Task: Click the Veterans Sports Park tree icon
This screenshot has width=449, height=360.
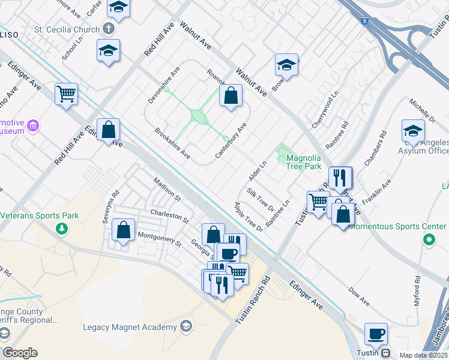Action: point(61,229)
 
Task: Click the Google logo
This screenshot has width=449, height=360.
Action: point(20,353)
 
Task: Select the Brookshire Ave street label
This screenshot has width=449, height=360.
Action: point(172,143)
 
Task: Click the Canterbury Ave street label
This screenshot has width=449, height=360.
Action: point(231,142)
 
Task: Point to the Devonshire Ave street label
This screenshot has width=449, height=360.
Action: point(164,84)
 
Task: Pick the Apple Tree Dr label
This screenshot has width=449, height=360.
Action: point(249,217)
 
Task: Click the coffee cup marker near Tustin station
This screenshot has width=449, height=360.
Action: point(376,334)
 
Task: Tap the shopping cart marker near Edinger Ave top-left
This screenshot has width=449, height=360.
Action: point(66,94)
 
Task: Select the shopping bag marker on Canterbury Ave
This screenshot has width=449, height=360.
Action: point(231,95)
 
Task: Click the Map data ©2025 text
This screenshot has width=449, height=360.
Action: point(423,355)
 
